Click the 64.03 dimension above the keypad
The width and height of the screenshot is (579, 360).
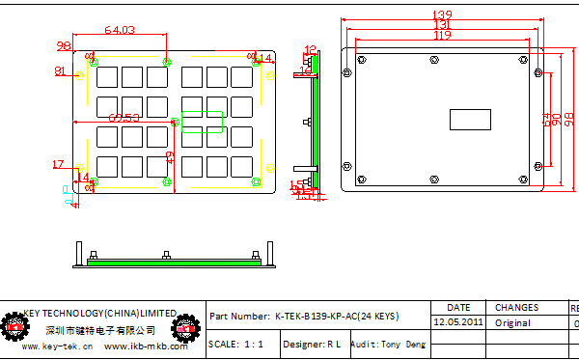click(x=113, y=31)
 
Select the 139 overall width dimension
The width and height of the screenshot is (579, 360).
click(x=443, y=14)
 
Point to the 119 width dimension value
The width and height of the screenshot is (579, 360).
click(x=441, y=36)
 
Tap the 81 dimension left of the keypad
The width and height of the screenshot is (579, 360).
click(x=60, y=70)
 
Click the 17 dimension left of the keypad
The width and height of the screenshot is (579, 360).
click(x=58, y=164)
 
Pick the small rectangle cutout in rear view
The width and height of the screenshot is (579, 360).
click(x=471, y=121)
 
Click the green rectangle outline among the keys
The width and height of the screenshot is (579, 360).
click(x=202, y=124)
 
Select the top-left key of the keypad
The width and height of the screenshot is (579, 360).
click(x=105, y=74)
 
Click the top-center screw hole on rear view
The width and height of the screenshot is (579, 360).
click(x=430, y=60)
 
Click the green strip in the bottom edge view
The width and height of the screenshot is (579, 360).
click(x=175, y=260)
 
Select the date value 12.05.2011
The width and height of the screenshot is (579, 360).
click(x=458, y=322)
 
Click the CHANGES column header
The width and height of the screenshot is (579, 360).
click(x=516, y=307)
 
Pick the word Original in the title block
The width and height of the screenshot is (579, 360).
click(x=512, y=322)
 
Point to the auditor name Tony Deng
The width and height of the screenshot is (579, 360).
click(x=401, y=344)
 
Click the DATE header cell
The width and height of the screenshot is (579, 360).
click(x=458, y=307)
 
